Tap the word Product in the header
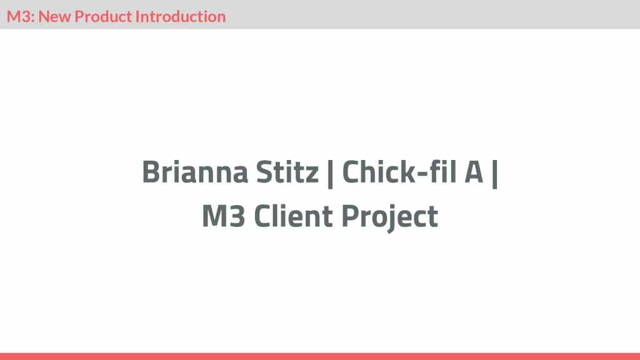coord(103,16)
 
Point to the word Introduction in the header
coord(181,16)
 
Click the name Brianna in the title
coord(195,172)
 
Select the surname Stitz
coord(287,172)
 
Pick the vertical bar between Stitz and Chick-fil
coord(330,174)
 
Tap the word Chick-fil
coord(399,172)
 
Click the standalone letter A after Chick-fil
coord(474,172)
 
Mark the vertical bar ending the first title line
coord(495,174)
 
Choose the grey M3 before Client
coord(224,216)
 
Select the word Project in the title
coord(389,217)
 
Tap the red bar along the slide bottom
coord(320,356)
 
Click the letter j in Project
coord(391,219)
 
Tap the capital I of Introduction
coord(137,16)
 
